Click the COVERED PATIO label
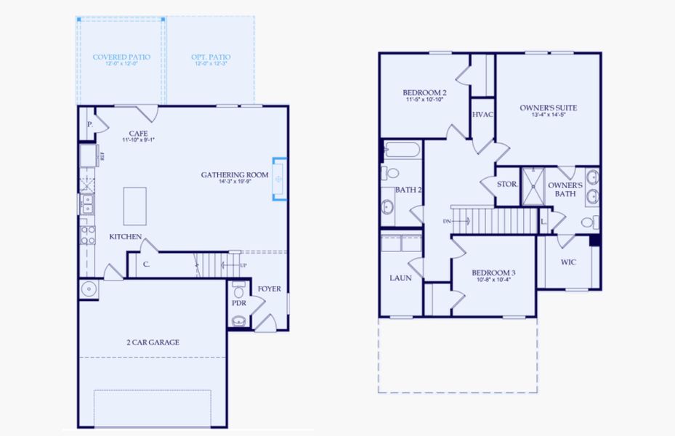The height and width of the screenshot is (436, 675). click(121, 57)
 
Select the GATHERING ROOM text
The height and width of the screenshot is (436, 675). click(235, 175)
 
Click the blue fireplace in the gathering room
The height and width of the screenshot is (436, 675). click(279, 178)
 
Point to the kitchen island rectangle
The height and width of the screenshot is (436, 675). click(134, 206)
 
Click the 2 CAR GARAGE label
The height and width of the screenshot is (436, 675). click(153, 342)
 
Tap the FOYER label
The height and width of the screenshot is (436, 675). click(269, 288)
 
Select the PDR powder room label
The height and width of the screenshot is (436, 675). click(238, 302)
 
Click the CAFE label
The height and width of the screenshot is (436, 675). click(139, 133)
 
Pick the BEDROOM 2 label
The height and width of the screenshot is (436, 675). click(424, 93)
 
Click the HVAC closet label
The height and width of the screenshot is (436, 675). click(482, 115)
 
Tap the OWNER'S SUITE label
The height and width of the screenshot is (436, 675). click(548, 108)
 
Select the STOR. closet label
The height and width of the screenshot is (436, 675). click(507, 184)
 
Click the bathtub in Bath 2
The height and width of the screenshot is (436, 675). click(401, 151)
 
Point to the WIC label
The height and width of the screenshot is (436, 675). click(568, 262)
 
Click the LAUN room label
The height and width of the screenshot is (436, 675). click(400, 278)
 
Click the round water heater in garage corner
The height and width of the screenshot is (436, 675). click(89, 289)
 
